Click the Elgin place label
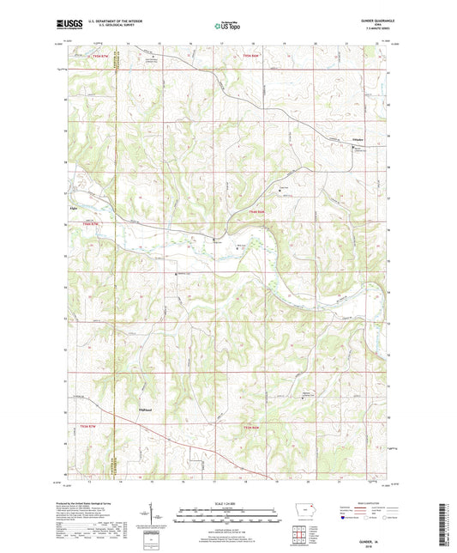pos(74,207)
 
